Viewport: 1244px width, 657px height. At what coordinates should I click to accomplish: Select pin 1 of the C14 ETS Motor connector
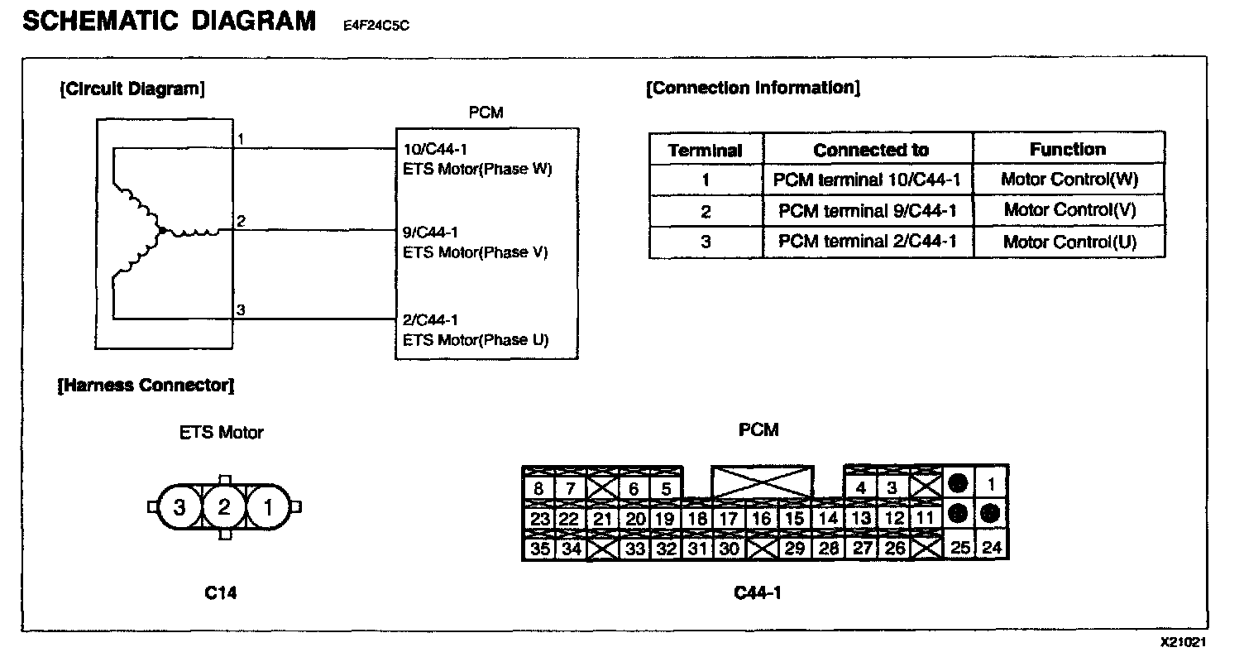(x=267, y=506)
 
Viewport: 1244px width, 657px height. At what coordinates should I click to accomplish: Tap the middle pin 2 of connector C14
(x=223, y=506)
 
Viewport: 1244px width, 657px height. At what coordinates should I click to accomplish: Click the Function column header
(x=1067, y=149)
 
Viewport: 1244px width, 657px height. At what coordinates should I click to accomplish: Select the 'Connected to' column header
(x=870, y=150)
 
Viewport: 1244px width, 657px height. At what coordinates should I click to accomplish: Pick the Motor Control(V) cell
(x=1069, y=210)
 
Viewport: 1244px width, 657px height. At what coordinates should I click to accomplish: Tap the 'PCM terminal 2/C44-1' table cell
(x=867, y=242)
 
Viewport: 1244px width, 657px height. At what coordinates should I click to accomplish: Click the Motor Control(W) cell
(x=1069, y=180)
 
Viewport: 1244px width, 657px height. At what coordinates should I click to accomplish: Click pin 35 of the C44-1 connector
(x=538, y=548)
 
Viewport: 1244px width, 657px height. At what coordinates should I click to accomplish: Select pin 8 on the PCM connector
(x=538, y=488)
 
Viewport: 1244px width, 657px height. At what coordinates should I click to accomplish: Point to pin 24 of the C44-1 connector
(x=992, y=547)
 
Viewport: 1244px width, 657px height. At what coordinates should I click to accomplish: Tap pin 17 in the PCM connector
(x=729, y=519)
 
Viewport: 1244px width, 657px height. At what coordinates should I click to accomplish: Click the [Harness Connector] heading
(x=146, y=385)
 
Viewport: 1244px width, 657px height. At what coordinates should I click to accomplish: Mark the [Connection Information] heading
(x=752, y=88)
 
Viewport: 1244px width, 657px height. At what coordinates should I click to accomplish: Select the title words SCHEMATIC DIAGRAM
(x=169, y=21)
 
